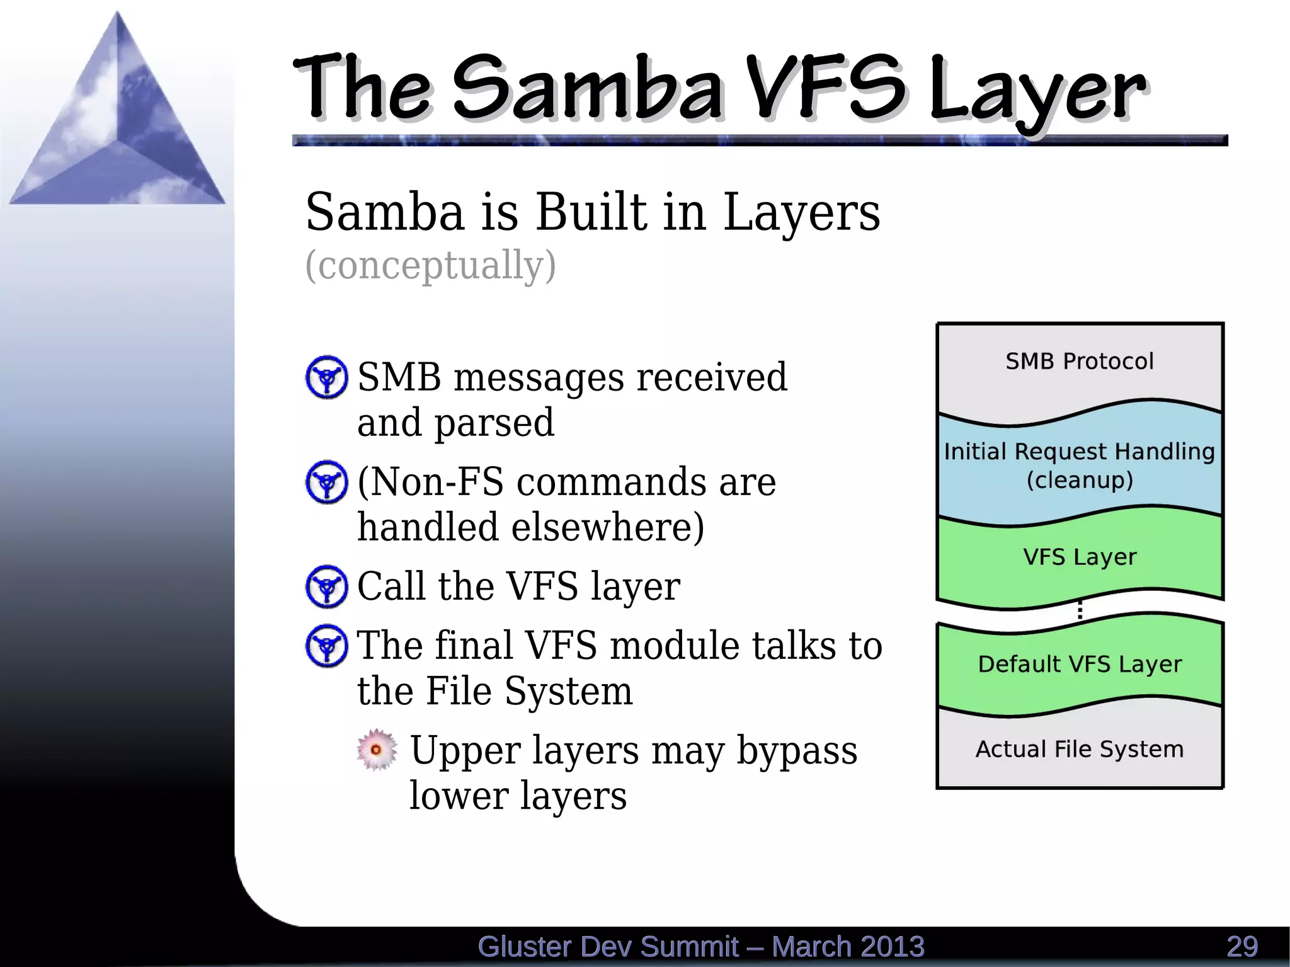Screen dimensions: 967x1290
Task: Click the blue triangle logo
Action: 117,126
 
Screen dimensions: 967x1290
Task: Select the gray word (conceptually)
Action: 430,265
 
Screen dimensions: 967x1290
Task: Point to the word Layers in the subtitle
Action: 801,212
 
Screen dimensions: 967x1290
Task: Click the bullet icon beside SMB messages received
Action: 326,377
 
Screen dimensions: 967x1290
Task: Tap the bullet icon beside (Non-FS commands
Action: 326,482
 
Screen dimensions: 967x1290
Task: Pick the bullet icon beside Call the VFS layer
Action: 326,586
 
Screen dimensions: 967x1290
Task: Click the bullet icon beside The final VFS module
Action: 326,646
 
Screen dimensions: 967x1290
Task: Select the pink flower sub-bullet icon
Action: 377,750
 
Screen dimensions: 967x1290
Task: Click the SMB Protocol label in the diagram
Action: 1079,362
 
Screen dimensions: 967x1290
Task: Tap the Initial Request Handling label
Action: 1079,452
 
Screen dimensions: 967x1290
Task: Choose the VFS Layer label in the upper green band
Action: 1080,557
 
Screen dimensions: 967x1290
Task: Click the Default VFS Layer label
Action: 1080,664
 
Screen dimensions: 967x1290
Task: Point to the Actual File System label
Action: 1080,749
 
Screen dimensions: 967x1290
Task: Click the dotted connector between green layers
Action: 1080,610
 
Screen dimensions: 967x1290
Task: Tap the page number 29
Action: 1242,947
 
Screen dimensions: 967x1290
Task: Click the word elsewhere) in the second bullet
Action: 608,527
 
